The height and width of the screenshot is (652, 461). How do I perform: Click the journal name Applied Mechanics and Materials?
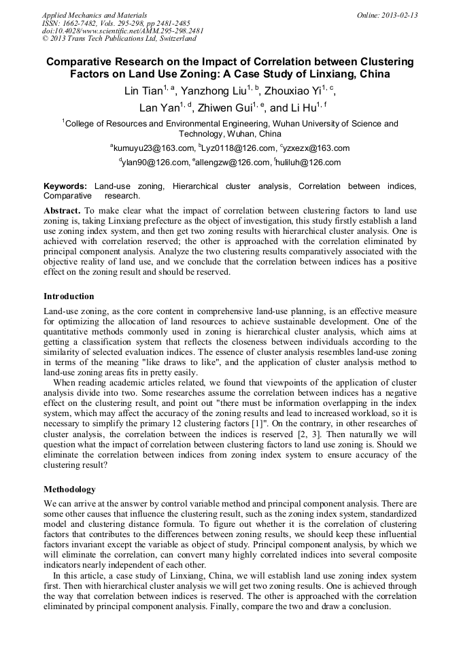pos(85,14)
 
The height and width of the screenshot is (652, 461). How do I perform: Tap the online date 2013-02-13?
pos(399,14)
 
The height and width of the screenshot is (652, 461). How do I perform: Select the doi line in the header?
pos(122,31)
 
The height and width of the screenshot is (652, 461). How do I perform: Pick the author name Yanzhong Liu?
pos(213,91)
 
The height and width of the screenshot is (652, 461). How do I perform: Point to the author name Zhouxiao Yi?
pos(294,91)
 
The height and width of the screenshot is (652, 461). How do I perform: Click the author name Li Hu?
pos(304,108)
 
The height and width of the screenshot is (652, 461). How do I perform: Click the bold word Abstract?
pos(62,211)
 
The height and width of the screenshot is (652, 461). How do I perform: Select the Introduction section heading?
pos(69,296)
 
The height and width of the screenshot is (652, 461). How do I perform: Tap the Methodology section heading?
pos(69,490)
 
